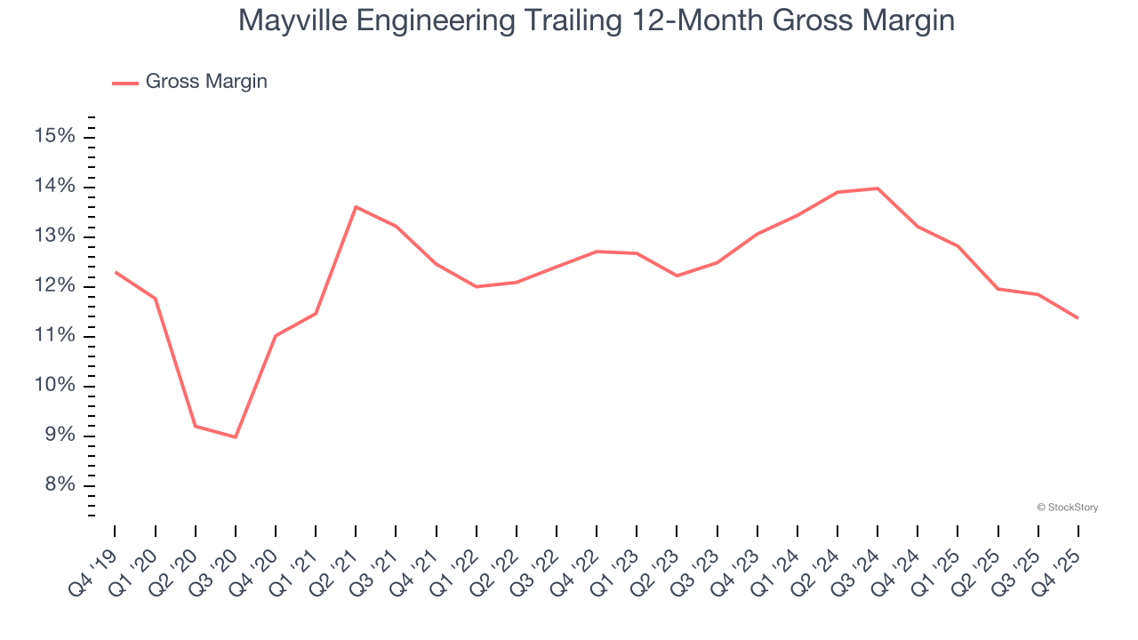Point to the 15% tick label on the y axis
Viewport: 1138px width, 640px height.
(x=54, y=136)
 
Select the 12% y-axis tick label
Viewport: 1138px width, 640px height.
(x=54, y=285)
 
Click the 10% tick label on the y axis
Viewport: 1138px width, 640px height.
(x=54, y=385)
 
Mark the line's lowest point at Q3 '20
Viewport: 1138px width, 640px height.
(x=236, y=437)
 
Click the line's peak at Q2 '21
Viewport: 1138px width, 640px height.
(x=356, y=207)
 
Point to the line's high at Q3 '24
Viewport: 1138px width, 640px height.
(x=878, y=188)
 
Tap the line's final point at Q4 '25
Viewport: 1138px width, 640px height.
(x=1078, y=318)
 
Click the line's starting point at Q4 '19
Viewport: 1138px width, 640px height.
(x=116, y=272)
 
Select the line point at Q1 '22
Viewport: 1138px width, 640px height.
(x=477, y=286)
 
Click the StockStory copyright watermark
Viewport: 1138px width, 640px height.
(x=1067, y=508)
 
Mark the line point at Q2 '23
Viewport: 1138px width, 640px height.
(x=677, y=276)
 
